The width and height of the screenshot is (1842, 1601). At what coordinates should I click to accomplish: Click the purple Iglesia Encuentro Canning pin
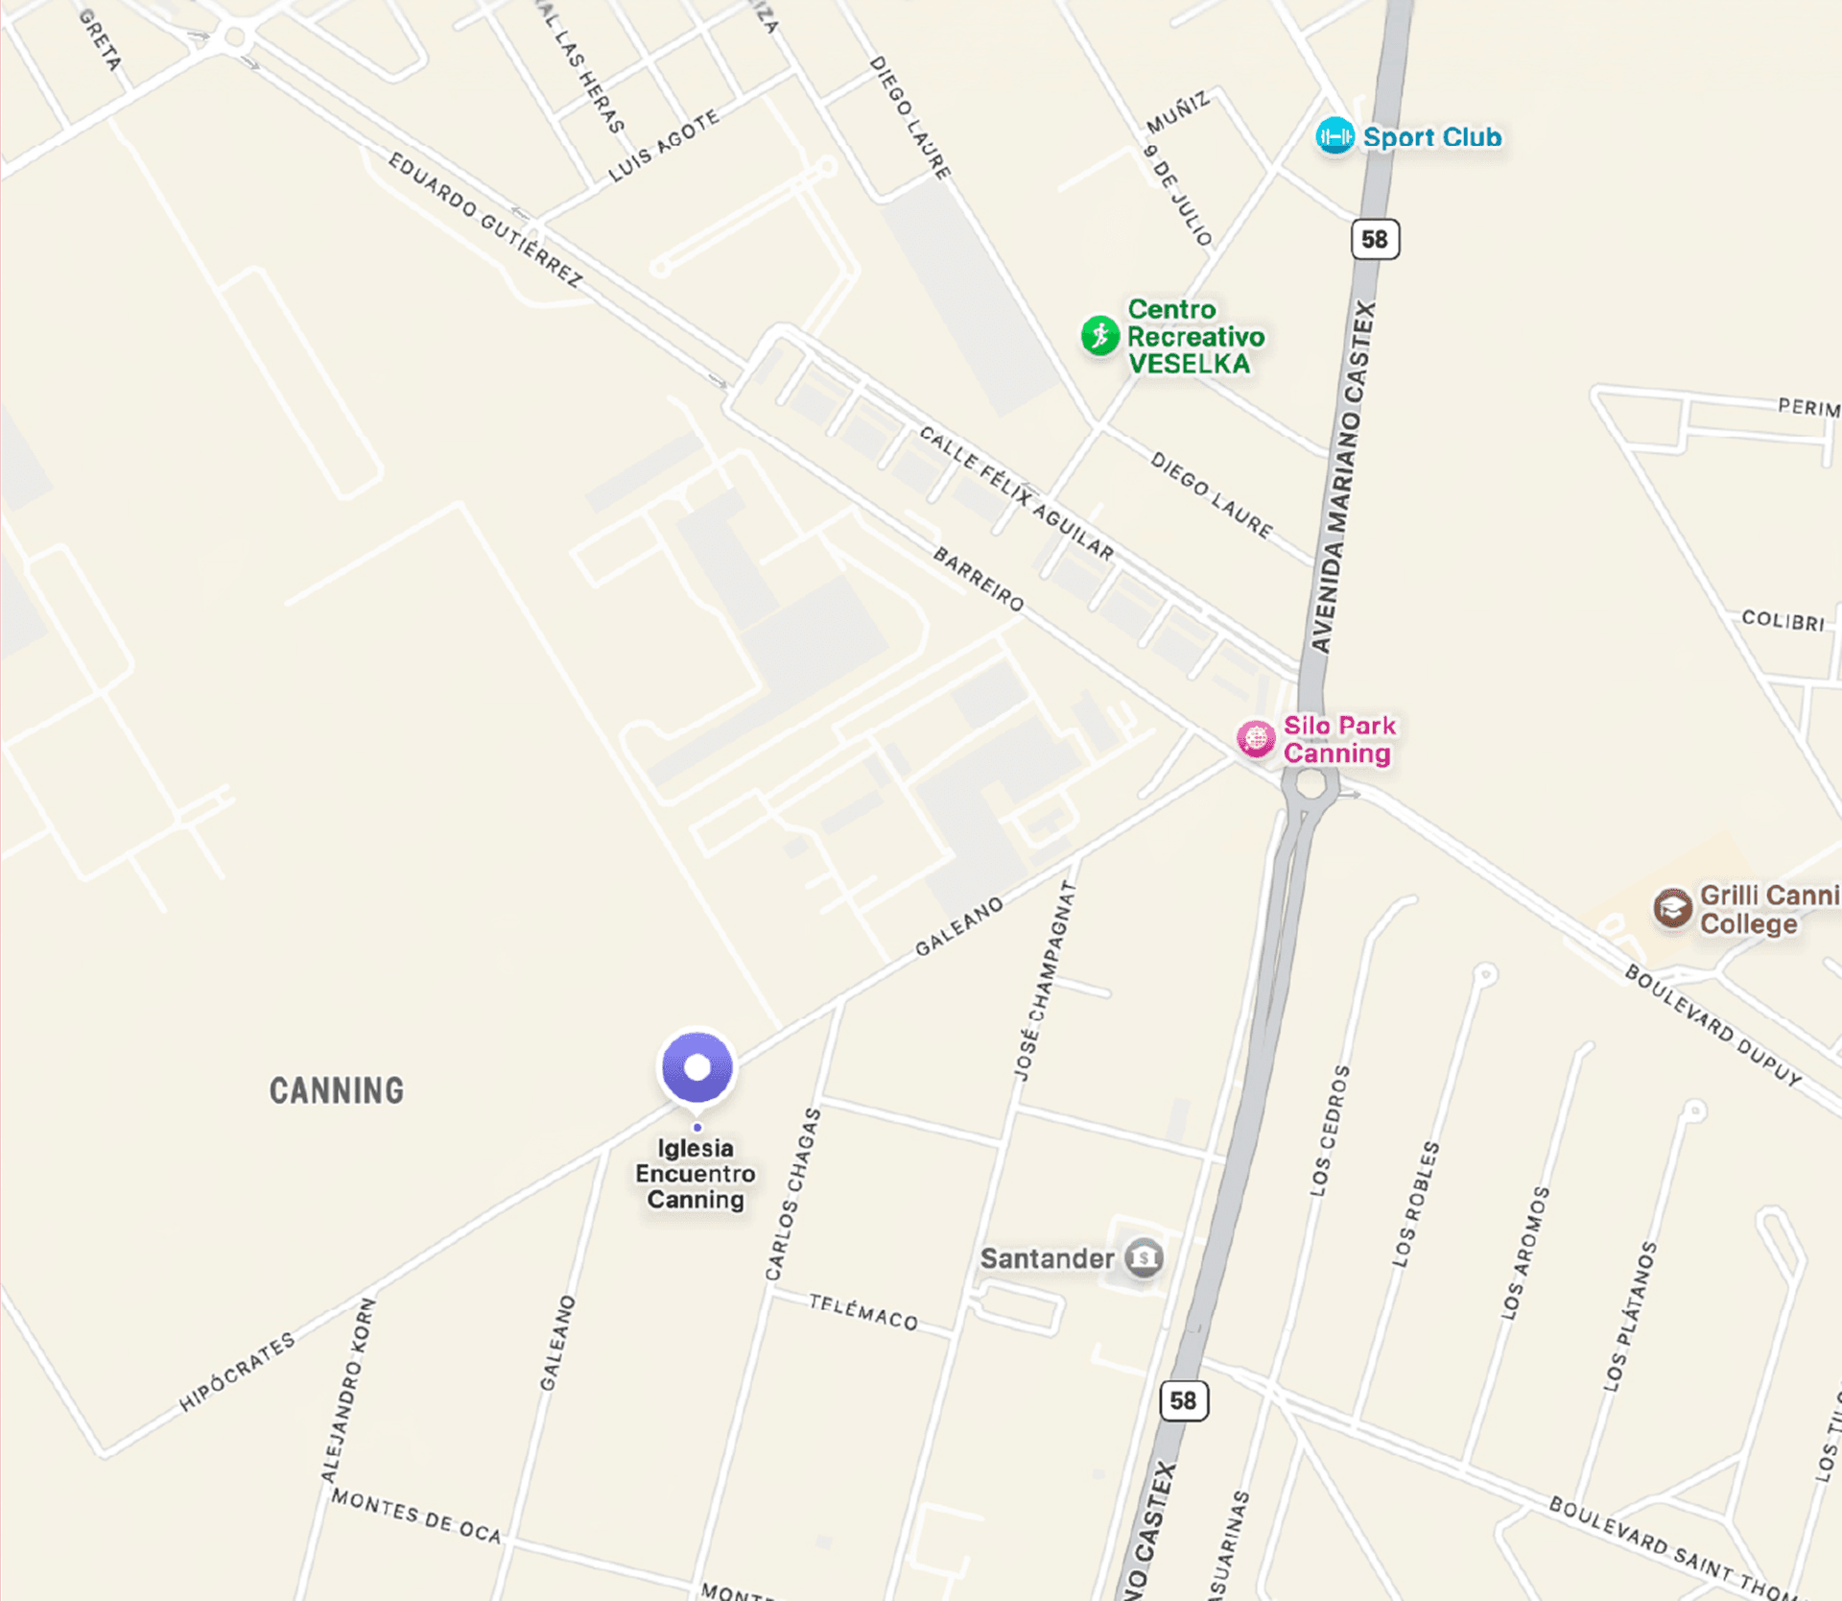(x=697, y=1067)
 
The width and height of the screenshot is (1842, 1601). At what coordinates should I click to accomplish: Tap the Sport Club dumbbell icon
(x=1334, y=137)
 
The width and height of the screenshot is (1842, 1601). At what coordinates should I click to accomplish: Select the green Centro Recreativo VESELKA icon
(x=1100, y=336)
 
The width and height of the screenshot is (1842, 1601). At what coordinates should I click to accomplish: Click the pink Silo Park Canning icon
(x=1256, y=739)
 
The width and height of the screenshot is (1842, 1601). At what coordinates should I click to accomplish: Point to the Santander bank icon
(x=1144, y=1257)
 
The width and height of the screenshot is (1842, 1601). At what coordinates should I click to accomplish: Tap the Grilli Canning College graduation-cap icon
(x=1672, y=908)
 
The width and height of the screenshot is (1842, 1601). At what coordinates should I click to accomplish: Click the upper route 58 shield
(x=1375, y=239)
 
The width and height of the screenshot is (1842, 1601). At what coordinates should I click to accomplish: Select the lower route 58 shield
(x=1184, y=1400)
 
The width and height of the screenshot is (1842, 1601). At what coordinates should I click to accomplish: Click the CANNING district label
(x=336, y=1090)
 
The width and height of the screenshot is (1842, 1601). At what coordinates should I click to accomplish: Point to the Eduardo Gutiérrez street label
(x=485, y=220)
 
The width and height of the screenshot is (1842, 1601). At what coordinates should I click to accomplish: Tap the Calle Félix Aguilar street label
(x=1017, y=493)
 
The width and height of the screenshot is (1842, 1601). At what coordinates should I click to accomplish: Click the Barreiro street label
(x=979, y=579)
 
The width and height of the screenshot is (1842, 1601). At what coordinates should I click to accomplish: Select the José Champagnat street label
(x=1045, y=980)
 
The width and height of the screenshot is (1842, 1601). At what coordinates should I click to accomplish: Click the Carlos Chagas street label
(x=793, y=1194)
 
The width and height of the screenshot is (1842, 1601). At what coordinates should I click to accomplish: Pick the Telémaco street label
(x=863, y=1312)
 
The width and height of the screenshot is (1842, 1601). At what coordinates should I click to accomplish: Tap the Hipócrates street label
(x=237, y=1373)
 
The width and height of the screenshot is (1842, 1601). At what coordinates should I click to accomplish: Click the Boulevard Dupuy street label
(x=1712, y=1025)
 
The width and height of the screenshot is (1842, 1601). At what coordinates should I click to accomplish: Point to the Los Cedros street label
(x=1331, y=1131)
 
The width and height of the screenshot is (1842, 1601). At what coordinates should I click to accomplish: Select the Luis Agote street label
(x=664, y=146)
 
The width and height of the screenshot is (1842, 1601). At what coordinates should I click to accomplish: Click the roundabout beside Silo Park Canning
(x=1311, y=784)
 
